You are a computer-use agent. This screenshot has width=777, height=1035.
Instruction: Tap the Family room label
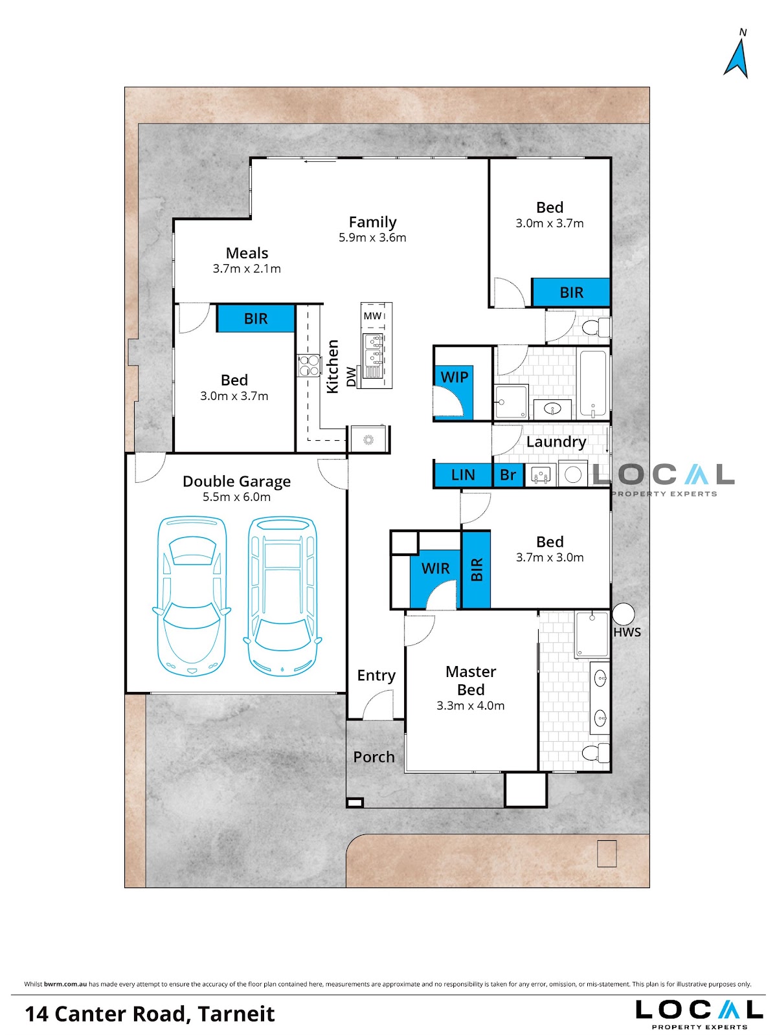(372, 221)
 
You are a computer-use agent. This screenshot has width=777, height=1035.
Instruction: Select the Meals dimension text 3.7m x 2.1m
(247, 269)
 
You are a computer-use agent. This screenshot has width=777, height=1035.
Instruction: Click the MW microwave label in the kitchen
(372, 316)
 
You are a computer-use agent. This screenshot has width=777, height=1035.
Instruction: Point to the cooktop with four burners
(310, 366)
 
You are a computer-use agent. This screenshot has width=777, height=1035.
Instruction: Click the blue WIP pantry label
(455, 377)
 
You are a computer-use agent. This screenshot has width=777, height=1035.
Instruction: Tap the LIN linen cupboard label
(463, 475)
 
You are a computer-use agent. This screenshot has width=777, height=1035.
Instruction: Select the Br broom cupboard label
(508, 475)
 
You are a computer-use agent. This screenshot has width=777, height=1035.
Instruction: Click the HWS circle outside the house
(624, 614)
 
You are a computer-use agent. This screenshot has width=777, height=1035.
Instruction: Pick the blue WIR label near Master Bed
(436, 568)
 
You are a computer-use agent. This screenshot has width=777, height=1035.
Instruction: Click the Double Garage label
(236, 482)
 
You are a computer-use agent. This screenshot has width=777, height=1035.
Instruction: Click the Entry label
(376, 675)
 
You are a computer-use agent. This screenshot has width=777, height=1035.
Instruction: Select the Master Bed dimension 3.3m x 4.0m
(471, 706)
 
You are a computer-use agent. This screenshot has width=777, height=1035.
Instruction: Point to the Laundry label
(556, 442)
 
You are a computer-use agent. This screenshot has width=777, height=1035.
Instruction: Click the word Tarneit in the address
(237, 1014)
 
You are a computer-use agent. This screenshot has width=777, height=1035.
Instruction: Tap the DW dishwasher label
(351, 377)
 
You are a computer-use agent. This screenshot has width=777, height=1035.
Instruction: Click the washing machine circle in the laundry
(573, 475)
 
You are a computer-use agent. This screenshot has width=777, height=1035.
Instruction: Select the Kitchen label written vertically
(333, 366)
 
